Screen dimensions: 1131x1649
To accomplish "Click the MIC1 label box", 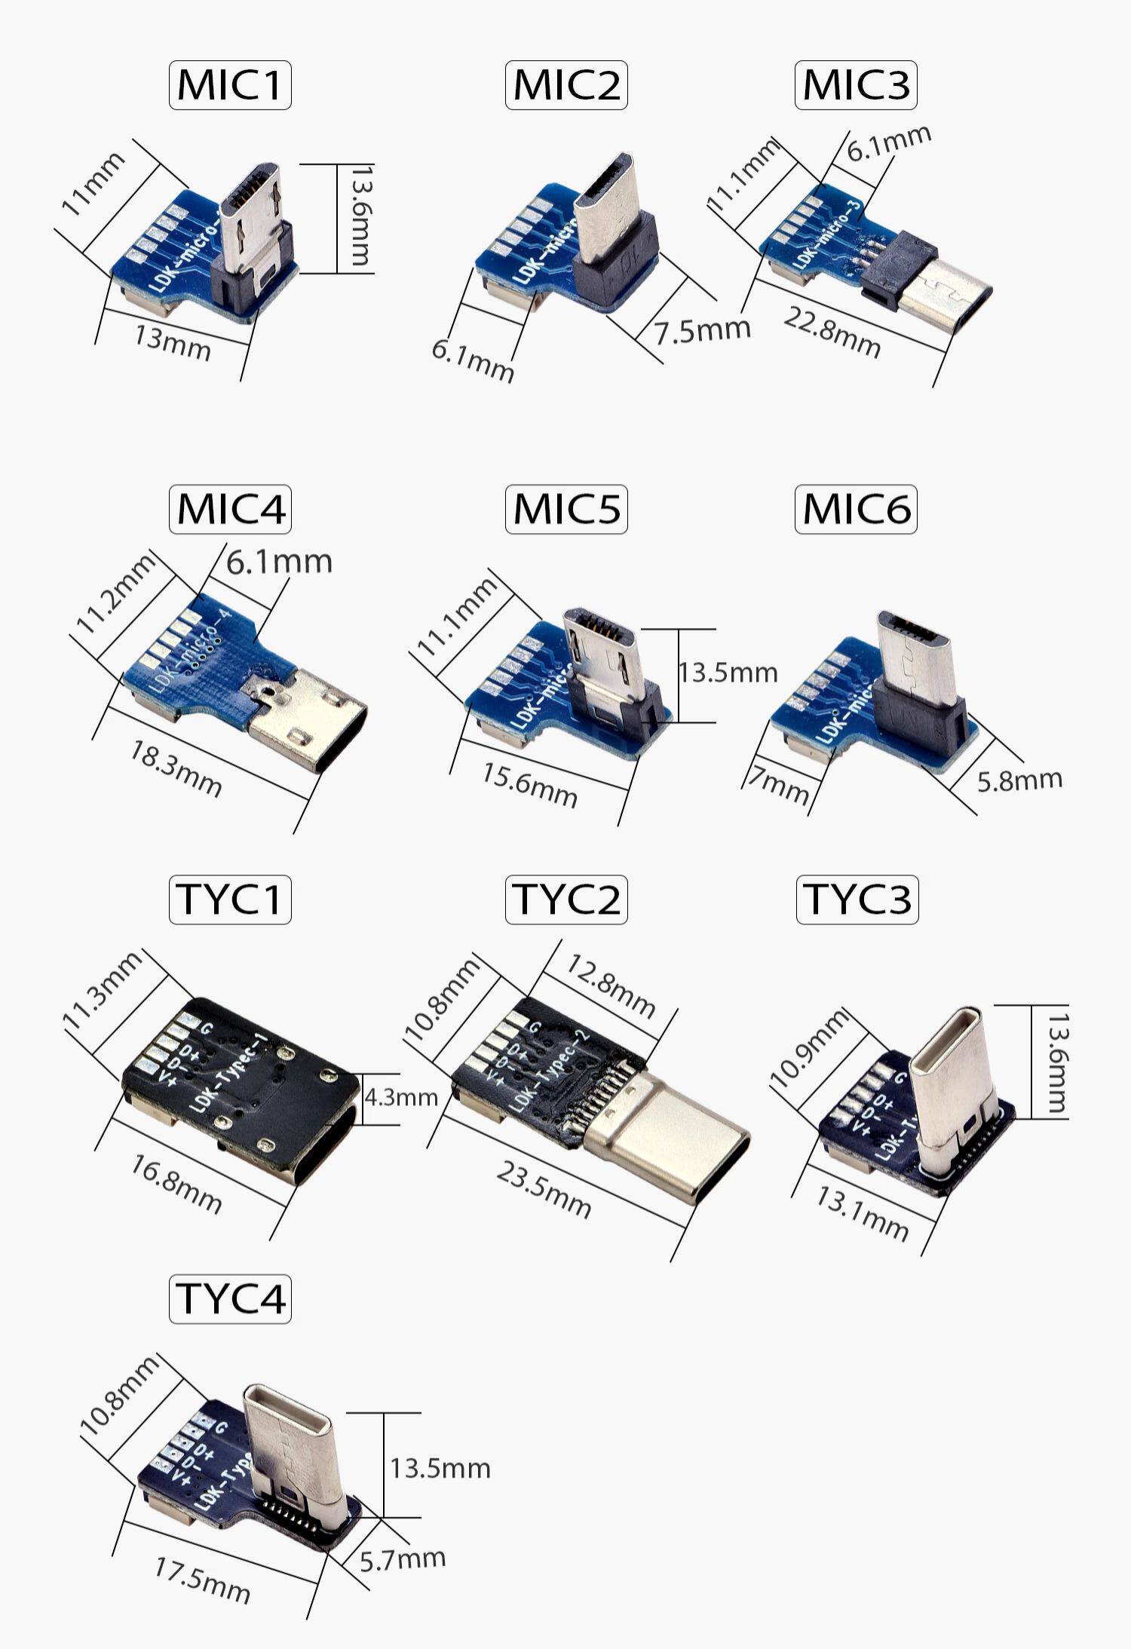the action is click(x=230, y=85).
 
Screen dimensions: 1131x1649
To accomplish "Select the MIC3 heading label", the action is click(x=856, y=85).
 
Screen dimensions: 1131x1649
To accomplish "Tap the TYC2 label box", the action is click(x=566, y=900).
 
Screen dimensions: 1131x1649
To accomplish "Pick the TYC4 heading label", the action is click(x=230, y=1298).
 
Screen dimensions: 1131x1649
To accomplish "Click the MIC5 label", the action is click(x=566, y=509).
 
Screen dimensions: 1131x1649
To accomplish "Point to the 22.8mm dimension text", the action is click(x=832, y=333).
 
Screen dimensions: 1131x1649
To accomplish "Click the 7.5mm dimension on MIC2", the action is click(x=702, y=330).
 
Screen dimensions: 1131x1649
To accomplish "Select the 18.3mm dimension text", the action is click(x=176, y=768).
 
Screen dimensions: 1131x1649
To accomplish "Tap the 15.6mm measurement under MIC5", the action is click(x=529, y=785).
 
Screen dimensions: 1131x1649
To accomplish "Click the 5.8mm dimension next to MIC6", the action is click(x=1019, y=780).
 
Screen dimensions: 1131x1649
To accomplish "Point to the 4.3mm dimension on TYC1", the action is click(x=401, y=1097).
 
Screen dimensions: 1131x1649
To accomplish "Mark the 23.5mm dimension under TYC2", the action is click(x=544, y=1189).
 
